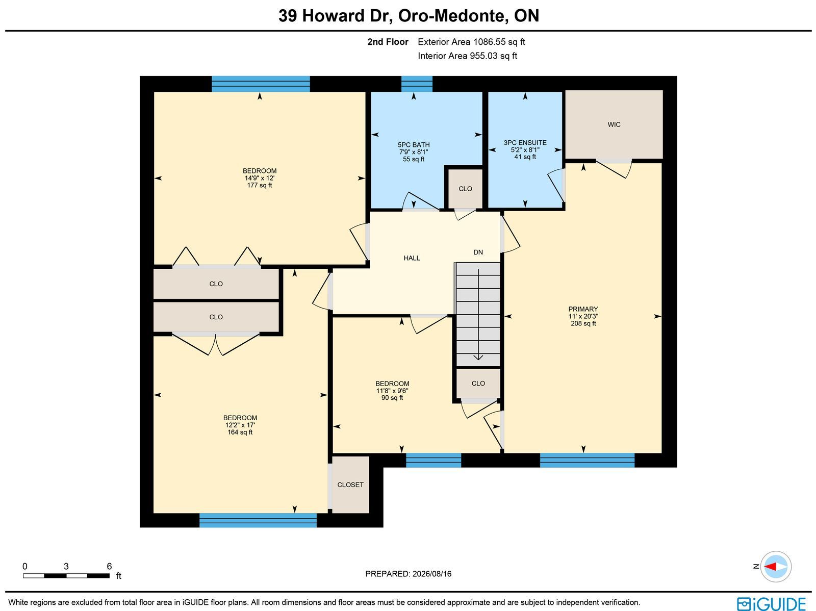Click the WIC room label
tap(614, 124)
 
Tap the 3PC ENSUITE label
tap(525, 143)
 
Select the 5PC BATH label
tap(414, 145)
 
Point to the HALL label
tap(412, 258)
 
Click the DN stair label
tap(478, 252)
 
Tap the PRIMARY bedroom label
tap(583, 309)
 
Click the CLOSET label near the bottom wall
tap(350, 485)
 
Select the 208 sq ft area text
tap(583, 323)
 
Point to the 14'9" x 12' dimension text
tap(260, 178)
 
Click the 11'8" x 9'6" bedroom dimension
tap(392, 391)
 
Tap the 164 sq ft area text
tap(240, 432)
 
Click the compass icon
tap(776, 567)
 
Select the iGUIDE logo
tap(771, 603)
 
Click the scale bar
tap(66, 576)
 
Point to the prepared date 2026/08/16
tap(432, 574)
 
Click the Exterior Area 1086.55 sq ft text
tap(471, 42)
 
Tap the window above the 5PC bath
tap(417, 84)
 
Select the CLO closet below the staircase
tap(478, 383)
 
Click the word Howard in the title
tap(333, 16)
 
